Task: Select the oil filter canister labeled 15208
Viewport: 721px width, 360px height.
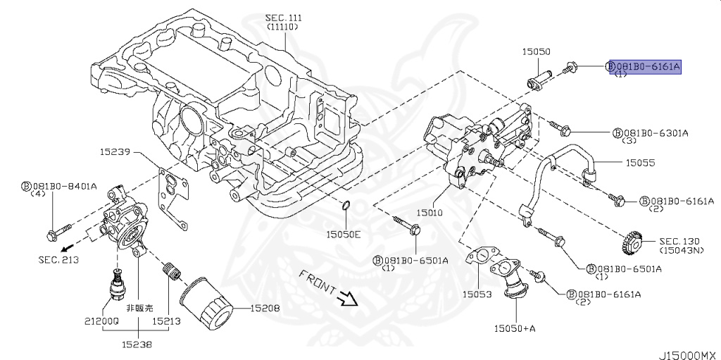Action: click(205, 303)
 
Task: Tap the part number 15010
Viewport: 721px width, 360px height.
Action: click(430, 213)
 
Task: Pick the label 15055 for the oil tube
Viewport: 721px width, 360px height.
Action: click(639, 163)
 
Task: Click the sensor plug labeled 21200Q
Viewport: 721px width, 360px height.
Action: click(118, 282)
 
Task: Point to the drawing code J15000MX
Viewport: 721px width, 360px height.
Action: click(689, 355)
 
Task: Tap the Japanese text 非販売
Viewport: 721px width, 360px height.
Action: click(140, 308)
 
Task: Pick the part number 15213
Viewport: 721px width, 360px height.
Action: click(166, 321)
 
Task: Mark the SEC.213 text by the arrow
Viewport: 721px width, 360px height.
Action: click(58, 259)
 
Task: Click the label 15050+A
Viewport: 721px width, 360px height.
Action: click(515, 328)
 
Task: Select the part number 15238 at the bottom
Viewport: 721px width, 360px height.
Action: click(137, 343)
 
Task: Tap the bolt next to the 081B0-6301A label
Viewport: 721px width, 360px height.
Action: click(559, 128)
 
